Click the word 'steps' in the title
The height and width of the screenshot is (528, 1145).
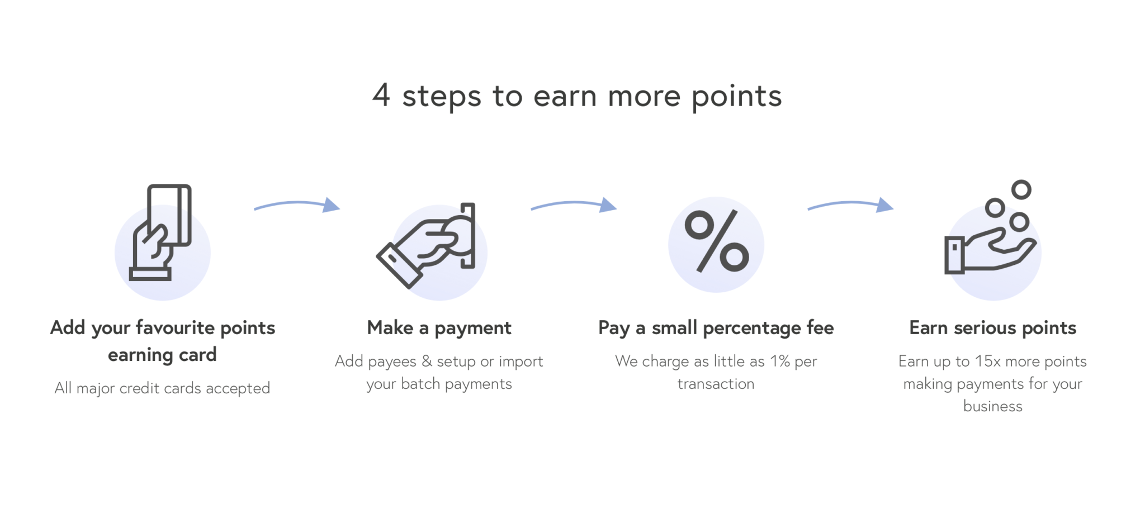tap(442, 97)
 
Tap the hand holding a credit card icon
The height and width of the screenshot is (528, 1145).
tap(161, 234)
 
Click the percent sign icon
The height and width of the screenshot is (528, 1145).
tap(717, 241)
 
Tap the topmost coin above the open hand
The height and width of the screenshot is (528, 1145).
tap(1021, 190)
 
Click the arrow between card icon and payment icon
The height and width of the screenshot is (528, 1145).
tap(297, 205)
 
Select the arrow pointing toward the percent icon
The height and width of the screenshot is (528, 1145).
tap(574, 205)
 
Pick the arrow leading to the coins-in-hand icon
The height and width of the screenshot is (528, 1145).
tap(850, 205)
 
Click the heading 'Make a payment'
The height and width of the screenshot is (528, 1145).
tap(439, 328)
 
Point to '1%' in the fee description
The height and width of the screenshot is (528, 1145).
tap(779, 361)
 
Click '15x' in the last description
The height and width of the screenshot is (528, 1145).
tap(987, 361)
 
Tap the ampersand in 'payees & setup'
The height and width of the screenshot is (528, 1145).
tap(427, 361)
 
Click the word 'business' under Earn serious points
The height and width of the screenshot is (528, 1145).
tap(992, 406)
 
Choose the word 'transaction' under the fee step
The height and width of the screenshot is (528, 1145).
tap(716, 384)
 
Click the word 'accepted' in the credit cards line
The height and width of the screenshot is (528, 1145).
tap(238, 388)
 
